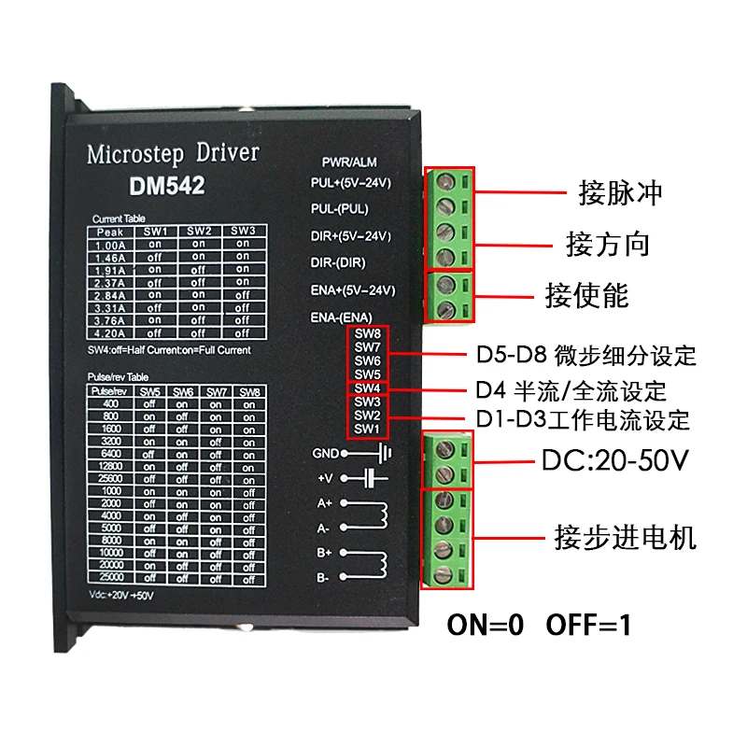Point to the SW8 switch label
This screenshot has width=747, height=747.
pyautogui.click(x=367, y=334)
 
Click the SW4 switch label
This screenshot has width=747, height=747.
pyautogui.click(x=367, y=388)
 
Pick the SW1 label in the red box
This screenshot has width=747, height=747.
pyautogui.click(x=367, y=429)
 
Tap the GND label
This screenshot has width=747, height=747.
pyautogui.click(x=326, y=453)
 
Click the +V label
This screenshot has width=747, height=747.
pyautogui.click(x=325, y=477)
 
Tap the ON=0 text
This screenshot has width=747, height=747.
pyautogui.click(x=486, y=625)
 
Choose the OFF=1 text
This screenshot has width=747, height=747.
pyautogui.click(x=588, y=625)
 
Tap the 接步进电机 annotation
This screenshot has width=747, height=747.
pyautogui.click(x=625, y=539)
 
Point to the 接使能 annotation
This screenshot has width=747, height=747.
pyautogui.click(x=586, y=296)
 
